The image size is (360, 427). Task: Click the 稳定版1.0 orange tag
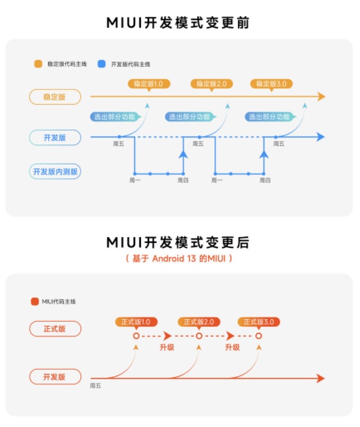pyautogui.click(x=149, y=84)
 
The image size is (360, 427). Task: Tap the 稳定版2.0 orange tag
pyautogui.click(x=211, y=84)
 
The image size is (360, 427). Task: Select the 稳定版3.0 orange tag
pyautogui.click(x=271, y=84)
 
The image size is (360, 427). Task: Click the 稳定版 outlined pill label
pyautogui.click(x=55, y=97)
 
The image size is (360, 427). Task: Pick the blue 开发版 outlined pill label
pyautogui.click(x=55, y=138)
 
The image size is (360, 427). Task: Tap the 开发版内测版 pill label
pyautogui.click(x=55, y=172)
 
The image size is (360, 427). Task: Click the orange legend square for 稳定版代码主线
pyautogui.click(x=38, y=64)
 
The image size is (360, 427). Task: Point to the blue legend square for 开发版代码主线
pyautogui.click(x=101, y=64)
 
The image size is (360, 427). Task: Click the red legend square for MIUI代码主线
pyautogui.click(x=35, y=302)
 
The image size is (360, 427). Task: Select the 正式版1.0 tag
pyautogui.click(x=136, y=322)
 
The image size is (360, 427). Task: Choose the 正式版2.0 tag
pyautogui.click(x=199, y=322)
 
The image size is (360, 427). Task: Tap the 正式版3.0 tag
pyautogui.click(x=259, y=322)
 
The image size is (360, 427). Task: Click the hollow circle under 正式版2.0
pyautogui.click(x=199, y=333)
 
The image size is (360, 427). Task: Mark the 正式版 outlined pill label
pyautogui.click(x=55, y=329)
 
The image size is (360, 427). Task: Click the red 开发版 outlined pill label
pyautogui.click(x=55, y=377)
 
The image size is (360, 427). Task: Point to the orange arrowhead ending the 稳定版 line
pyautogui.click(x=322, y=96)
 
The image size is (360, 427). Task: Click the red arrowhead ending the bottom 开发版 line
pyautogui.click(x=321, y=379)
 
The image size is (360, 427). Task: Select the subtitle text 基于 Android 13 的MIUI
pyautogui.click(x=179, y=258)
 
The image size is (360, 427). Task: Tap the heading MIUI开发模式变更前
pyautogui.click(x=178, y=23)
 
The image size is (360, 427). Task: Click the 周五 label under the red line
pyautogui.click(x=96, y=386)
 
